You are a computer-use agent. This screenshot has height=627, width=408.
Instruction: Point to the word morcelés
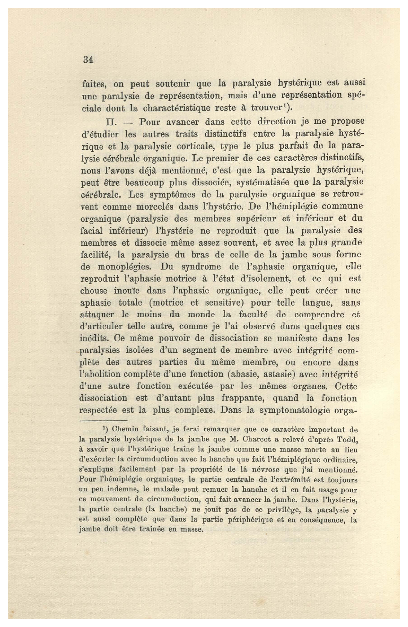pos(149,206)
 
